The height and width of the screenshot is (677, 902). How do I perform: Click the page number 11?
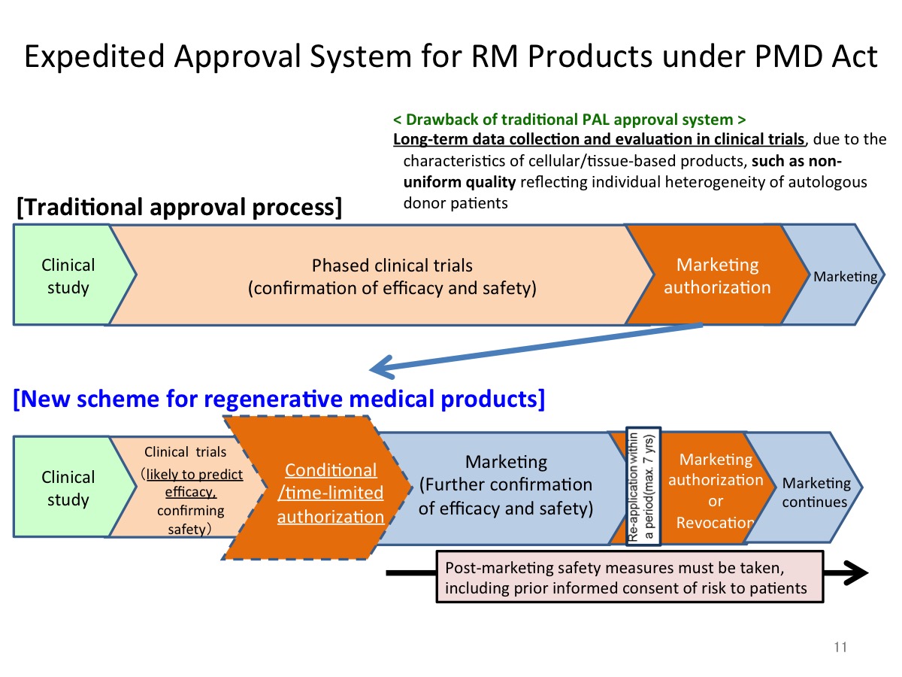(x=840, y=647)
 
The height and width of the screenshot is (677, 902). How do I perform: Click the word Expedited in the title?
(x=95, y=57)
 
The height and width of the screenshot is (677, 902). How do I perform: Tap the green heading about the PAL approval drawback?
(x=569, y=120)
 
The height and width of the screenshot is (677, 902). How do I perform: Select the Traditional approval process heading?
(x=179, y=207)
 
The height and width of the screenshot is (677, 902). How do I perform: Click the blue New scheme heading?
(x=279, y=399)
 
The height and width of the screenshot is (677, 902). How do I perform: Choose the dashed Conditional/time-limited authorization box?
(x=319, y=488)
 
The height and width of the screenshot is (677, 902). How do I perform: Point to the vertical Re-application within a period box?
(x=643, y=486)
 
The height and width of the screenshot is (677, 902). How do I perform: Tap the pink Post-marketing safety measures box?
(x=630, y=577)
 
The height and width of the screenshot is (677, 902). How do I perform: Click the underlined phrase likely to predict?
(x=195, y=475)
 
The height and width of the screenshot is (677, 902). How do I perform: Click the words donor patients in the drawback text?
(x=456, y=203)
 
